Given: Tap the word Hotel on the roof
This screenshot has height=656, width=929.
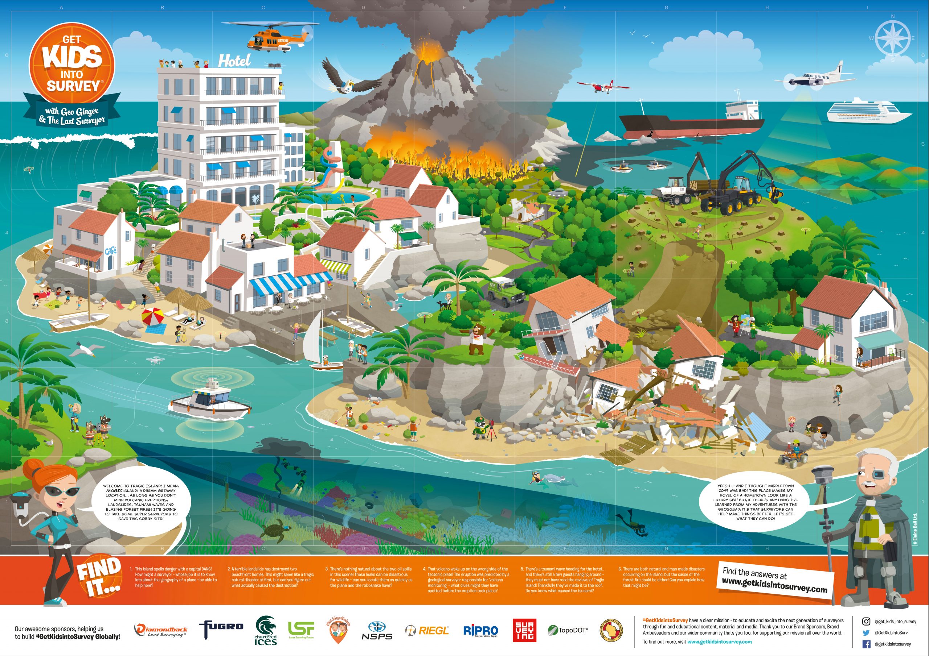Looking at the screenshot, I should pyautogui.click(x=234, y=61).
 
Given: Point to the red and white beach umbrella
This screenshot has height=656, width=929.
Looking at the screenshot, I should pyautogui.click(x=152, y=316).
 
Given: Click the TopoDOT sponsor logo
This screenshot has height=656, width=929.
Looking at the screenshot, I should pyautogui.click(x=568, y=630).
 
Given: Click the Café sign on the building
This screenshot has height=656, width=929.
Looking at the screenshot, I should pyautogui.click(x=110, y=252).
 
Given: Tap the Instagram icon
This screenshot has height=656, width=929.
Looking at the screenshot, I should pyautogui.click(x=866, y=621).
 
